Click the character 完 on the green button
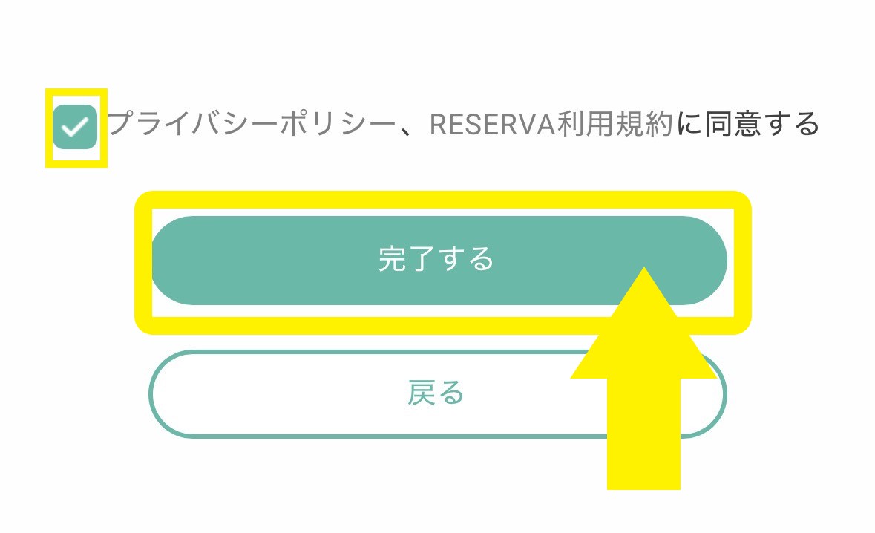click(392, 260)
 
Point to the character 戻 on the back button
click(421, 393)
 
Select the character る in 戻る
click(450, 393)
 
